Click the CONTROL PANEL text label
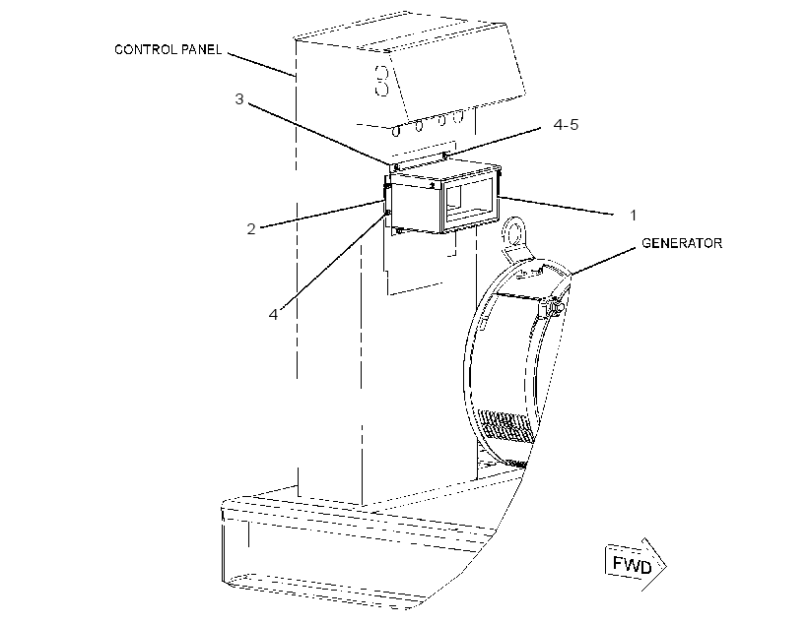tap(168, 49)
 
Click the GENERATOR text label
tap(682, 243)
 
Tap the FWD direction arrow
tap(636, 565)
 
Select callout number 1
tap(634, 216)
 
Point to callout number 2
tap(251, 229)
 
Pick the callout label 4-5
tap(566, 125)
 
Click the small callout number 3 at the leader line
tap(239, 98)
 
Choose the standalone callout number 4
tap(273, 314)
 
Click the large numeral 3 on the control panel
tap(382, 81)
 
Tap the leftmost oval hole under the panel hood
tap(396, 131)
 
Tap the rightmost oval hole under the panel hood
tap(458, 116)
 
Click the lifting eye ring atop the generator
tap(513, 232)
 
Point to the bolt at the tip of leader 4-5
tap(445, 155)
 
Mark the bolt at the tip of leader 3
tap(394, 167)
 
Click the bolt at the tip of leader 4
tap(387, 213)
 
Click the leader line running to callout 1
tap(557, 205)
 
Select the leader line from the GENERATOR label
tap(603, 261)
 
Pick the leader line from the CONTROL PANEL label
tap(261, 65)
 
